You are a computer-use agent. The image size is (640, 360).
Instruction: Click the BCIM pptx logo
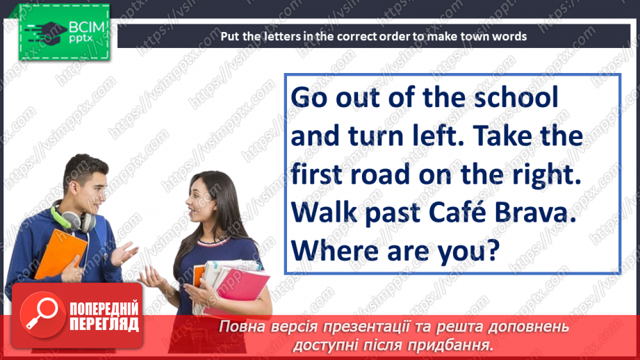61,32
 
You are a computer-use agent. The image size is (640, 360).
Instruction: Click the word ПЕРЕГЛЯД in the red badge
104,324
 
